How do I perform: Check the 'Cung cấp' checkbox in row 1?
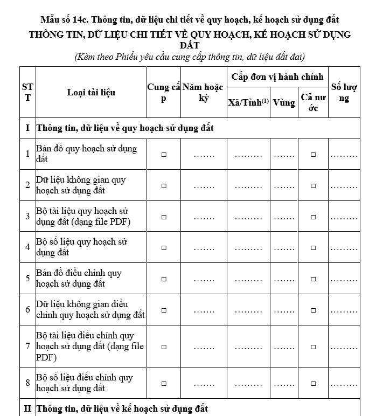pos(164,155)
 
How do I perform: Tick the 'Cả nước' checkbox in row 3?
pos(313,217)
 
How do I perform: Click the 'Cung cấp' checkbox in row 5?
pos(164,279)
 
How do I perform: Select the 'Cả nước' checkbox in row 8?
pos(313,384)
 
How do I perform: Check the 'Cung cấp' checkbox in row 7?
pos(164,347)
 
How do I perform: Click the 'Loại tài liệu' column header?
pos(91,92)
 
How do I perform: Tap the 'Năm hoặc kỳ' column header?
pos(203,92)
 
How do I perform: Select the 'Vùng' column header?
pos(284,102)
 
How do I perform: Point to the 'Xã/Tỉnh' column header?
pos(248,102)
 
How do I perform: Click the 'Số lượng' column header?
pos(344,92)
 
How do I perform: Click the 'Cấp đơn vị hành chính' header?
pos(277,77)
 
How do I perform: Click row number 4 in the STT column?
pos(27,248)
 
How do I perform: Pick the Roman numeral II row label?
pos(27,408)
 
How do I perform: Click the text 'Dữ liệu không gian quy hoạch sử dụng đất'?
pos(81,185)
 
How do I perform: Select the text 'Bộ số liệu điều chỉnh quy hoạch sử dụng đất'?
pos(84,383)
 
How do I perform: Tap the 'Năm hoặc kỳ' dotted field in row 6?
pos(204,311)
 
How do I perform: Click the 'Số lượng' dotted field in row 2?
pos(344,186)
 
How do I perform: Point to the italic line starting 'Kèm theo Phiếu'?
pos(190,56)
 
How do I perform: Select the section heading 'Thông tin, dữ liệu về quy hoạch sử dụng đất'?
pos(124,128)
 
